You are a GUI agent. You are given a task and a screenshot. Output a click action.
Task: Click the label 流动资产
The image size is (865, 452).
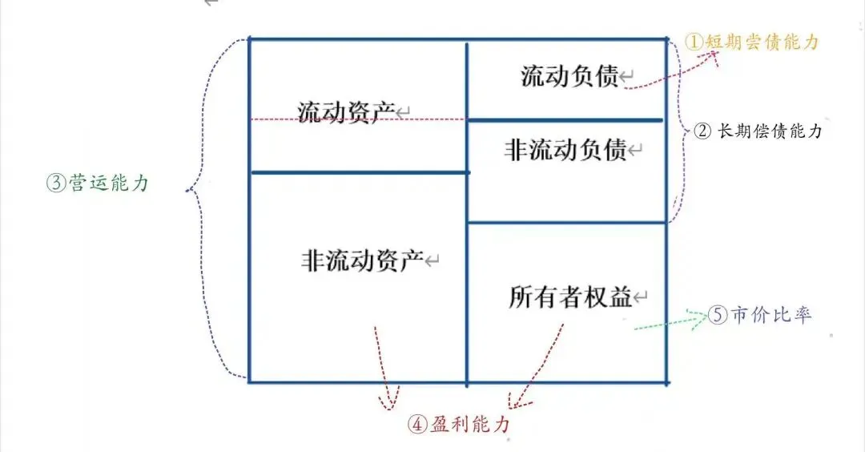click(347, 111)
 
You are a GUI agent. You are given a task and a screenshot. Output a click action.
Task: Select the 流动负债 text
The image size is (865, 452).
click(569, 77)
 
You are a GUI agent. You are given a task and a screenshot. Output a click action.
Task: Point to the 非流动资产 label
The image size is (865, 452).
click(362, 260)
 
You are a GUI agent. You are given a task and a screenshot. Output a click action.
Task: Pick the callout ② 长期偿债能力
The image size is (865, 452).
click(757, 131)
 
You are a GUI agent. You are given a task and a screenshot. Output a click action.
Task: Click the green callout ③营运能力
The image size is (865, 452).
click(98, 183)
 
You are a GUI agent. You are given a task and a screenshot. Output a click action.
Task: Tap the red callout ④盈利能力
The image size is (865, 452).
click(458, 424)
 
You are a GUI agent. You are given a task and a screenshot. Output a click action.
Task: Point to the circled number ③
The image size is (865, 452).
click(54, 183)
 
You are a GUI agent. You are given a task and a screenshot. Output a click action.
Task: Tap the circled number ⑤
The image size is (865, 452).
click(716, 315)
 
